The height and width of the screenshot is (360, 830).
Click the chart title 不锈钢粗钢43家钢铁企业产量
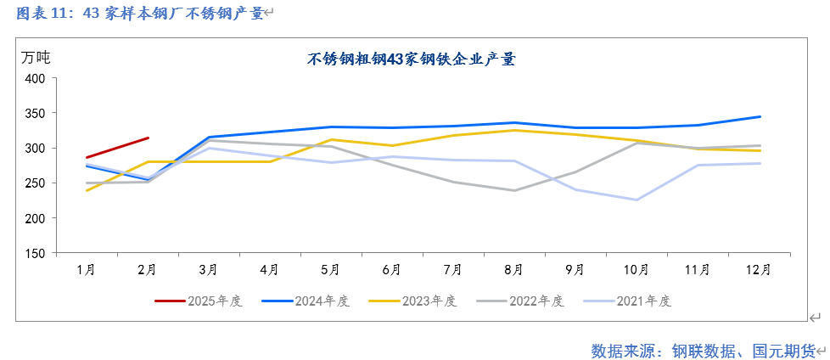[412, 59]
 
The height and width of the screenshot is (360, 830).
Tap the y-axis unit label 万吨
[36, 58]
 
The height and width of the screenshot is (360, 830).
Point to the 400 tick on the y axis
[35, 78]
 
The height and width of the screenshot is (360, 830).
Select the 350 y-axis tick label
[35, 113]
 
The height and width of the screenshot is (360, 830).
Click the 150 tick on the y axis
[35, 253]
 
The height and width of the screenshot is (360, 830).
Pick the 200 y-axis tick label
[35, 218]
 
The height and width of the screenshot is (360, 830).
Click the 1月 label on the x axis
[86, 269]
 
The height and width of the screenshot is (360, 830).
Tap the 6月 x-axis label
[391, 269]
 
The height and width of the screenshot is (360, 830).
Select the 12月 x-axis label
[760, 269]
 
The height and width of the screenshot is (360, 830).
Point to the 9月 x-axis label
[575, 269]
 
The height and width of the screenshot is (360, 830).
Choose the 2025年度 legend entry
[199, 301]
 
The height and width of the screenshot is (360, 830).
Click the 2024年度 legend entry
[306, 301]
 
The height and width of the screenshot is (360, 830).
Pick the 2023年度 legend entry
[413, 301]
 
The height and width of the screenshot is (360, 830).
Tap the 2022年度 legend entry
[520, 301]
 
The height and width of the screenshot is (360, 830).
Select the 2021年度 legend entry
[627, 301]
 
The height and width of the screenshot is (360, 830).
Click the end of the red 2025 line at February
[148, 138]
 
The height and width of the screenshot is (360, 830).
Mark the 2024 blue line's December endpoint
[760, 116]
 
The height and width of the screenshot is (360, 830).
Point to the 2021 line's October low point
[637, 200]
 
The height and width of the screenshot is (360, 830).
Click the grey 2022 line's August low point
[514, 190]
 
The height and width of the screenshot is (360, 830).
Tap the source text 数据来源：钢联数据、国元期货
[703, 350]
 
